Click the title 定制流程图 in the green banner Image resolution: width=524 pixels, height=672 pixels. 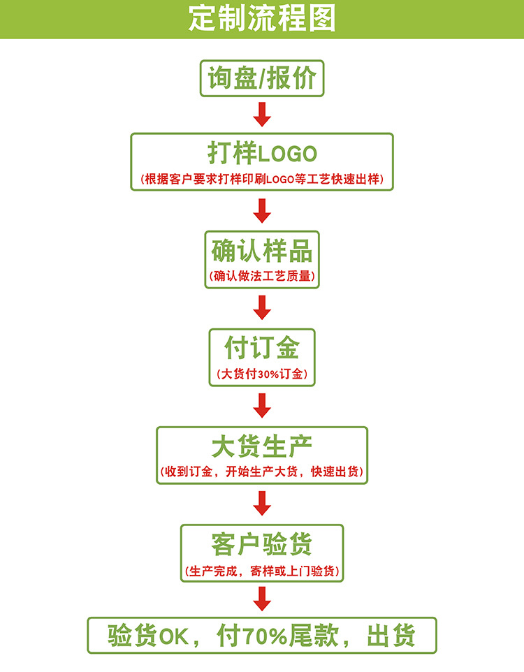tap(262, 19)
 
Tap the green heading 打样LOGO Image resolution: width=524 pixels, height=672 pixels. tap(262, 153)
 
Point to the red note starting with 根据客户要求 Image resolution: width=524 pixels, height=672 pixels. tap(262, 179)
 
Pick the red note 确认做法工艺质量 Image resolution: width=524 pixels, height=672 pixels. tap(262, 276)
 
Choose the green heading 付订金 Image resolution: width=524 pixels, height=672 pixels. tap(262, 347)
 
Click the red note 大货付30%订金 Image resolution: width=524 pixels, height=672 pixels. tap(262, 374)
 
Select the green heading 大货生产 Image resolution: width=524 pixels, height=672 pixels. tap(262, 445)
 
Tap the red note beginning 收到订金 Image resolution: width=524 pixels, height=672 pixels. tap(262, 472)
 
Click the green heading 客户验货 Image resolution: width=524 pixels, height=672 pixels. tap(262, 543)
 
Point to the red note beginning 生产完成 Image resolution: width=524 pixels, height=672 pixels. tap(262, 569)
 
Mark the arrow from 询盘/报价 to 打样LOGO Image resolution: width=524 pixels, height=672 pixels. tap(262, 114)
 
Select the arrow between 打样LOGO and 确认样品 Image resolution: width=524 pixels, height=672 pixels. tap(262, 210)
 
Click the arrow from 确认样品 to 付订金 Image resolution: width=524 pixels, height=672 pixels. tap(262, 307)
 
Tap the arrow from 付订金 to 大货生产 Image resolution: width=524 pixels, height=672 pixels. tap(262, 405)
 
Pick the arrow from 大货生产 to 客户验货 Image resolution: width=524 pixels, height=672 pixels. tap(262, 502)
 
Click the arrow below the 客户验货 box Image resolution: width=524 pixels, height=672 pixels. tap(262, 598)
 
